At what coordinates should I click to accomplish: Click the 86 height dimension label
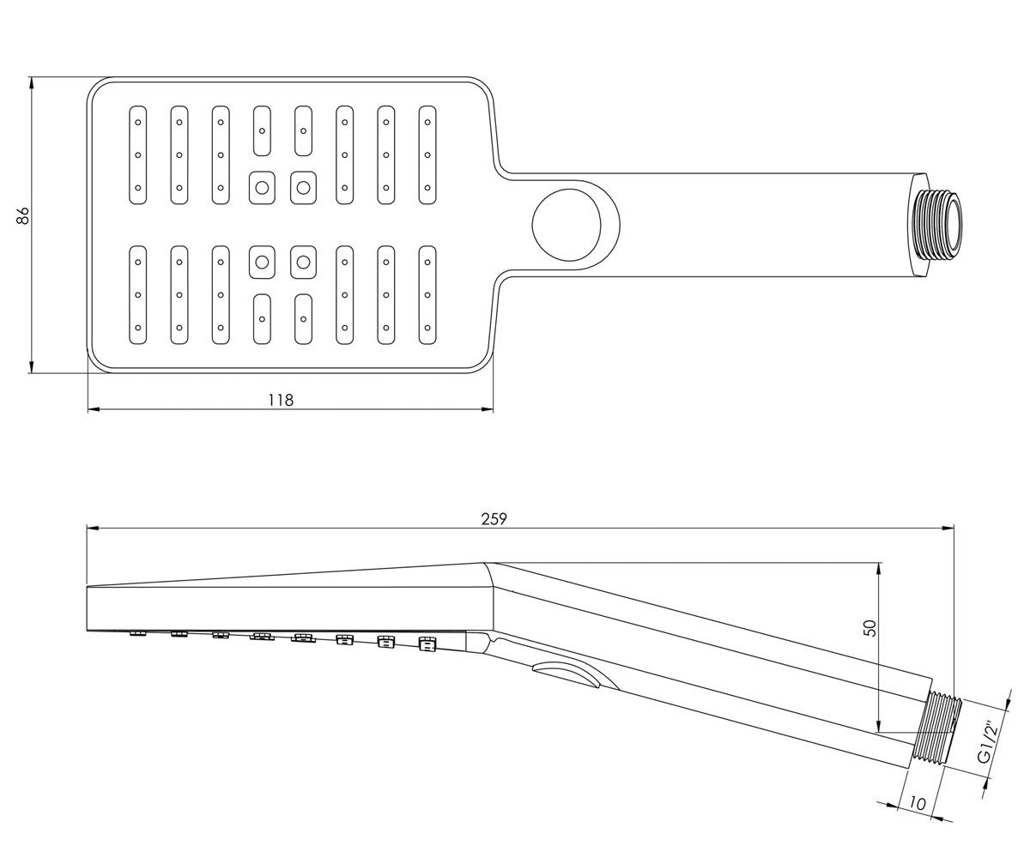click(x=23, y=215)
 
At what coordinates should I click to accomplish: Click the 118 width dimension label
click(x=281, y=400)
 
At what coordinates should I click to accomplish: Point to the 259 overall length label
click(x=494, y=519)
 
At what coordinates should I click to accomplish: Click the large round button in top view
click(x=566, y=225)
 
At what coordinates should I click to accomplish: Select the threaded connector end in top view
click(x=937, y=225)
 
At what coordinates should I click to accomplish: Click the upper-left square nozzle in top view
click(x=262, y=188)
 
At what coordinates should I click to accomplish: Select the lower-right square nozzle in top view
click(x=303, y=262)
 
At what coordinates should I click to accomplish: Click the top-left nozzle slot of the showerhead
click(x=138, y=154)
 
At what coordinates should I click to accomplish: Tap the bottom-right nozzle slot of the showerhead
click(x=427, y=295)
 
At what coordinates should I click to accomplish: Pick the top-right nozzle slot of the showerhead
click(x=427, y=154)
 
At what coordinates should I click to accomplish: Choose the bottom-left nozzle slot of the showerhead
click(x=138, y=295)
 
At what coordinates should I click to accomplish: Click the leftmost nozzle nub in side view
click(x=137, y=632)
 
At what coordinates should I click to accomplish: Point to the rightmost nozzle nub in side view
click(x=427, y=644)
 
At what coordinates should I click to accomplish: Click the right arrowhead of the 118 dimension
click(x=487, y=409)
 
